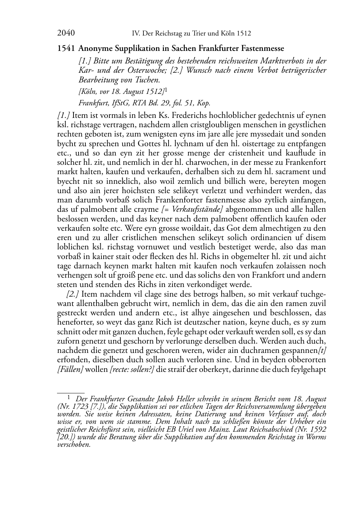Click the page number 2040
[66, 33]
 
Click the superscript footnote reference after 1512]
[166, 90]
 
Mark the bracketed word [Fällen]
[70, 369]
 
